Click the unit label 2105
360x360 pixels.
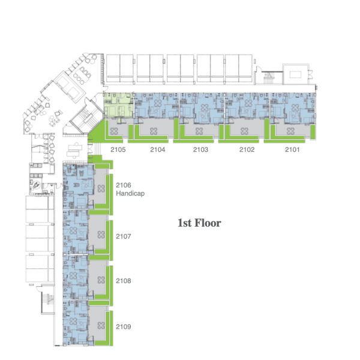pyautogui.click(x=118, y=149)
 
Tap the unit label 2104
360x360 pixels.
pyautogui.click(x=157, y=149)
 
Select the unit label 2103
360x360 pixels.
pyautogui.click(x=200, y=149)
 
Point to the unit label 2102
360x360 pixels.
pyautogui.click(x=247, y=149)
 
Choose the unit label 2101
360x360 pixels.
pyautogui.click(x=292, y=149)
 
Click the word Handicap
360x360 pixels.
pyautogui.click(x=130, y=193)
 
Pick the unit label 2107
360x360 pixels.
pyautogui.click(x=124, y=236)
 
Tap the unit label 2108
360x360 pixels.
pyautogui.click(x=124, y=281)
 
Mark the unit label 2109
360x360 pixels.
pyautogui.click(x=124, y=327)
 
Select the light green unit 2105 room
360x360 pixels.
pyautogui.click(x=118, y=106)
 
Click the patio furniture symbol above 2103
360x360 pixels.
pyautogui.click(x=199, y=131)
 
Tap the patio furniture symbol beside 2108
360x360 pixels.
pyautogui.click(x=101, y=280)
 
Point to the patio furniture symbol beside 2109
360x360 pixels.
pyautogui.click(x=101, y=325)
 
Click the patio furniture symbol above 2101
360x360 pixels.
pyautogui.click(x=290, y=131)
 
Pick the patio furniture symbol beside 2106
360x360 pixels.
pyautogui.click(x=101, y=189)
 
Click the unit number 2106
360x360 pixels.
pyautogui.click(x=124, y=185)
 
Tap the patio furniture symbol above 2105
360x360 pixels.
pyautogui.click(x=114, y=131)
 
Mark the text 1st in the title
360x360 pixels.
pyautogui.click(x=185, y=223)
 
